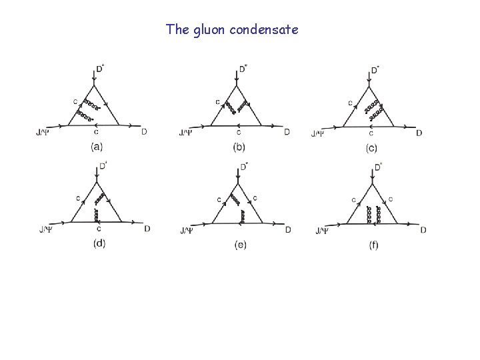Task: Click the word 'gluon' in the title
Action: click(208, 29)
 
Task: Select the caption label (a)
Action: click(97, 147)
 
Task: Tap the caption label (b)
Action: click(239, 147)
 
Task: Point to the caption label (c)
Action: click(371, 148)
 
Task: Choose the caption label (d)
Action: click(99, 243)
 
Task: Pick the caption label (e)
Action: click(241, 245)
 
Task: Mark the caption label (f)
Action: click(373, 245)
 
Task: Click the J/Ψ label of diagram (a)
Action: click(42, 132)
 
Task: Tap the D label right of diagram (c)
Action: click(419, 133)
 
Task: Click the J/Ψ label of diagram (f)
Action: click(322, 231)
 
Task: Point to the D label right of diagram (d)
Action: click(147, 229)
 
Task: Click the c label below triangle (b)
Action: click(239, 133)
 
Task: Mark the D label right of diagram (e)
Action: click(288, 230)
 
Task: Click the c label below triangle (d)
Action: click(97, 229)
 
